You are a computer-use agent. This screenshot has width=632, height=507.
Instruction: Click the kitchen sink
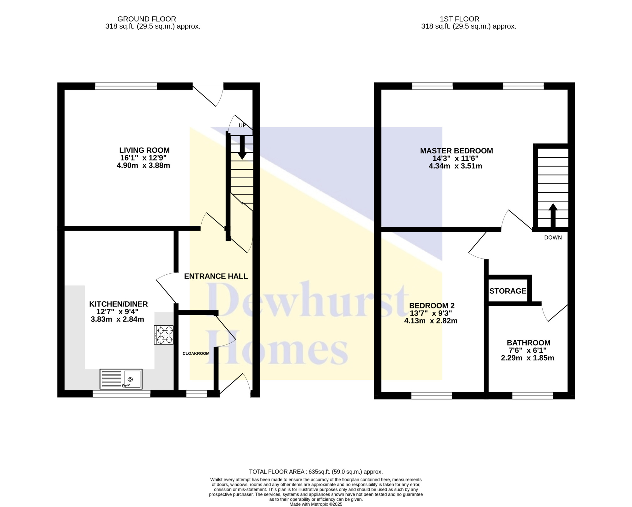coord(121,379)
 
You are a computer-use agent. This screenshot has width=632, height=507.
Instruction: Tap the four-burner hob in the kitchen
coord(164,335)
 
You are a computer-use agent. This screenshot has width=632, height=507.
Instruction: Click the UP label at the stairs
coord(242,125)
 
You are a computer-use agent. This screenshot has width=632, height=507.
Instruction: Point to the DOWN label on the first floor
coord(553,237)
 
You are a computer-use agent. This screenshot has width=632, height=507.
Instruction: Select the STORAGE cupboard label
coord(508,291)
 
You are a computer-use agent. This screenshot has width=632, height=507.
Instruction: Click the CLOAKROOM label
coord(196,353)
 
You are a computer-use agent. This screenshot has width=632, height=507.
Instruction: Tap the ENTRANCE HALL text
coord(216,276)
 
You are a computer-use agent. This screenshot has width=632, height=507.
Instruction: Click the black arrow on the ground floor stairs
coord(242,147)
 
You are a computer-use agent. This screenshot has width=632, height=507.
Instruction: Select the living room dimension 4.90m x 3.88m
coord(143,165)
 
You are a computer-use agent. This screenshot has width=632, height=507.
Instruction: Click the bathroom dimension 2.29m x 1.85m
coord(527,358)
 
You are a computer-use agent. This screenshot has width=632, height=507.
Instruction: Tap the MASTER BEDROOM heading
coord(456,151)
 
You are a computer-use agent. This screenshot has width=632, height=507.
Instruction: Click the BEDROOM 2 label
coord(432,306)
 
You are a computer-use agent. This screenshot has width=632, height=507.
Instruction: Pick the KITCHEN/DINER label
coord(118,304)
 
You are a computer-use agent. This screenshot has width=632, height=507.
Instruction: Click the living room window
coord(126,86)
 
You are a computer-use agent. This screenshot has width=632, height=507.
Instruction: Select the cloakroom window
coord(197,394)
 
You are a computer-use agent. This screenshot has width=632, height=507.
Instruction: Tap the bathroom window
coord(532,395)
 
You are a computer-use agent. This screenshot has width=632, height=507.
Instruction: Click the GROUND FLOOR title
coord(147,19)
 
